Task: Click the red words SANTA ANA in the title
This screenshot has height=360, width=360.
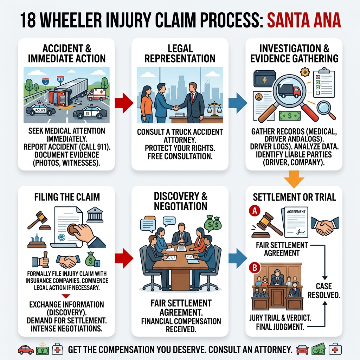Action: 304,21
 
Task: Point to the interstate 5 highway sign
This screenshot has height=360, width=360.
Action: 45,82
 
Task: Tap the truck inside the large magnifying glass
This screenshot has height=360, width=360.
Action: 289,91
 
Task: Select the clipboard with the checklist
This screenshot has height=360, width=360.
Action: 324,83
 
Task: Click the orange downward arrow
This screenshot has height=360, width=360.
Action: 294,178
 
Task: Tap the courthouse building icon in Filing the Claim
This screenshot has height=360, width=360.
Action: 95,214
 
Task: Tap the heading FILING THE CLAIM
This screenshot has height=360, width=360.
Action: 66,197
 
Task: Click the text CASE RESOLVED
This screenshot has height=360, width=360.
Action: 324,290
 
